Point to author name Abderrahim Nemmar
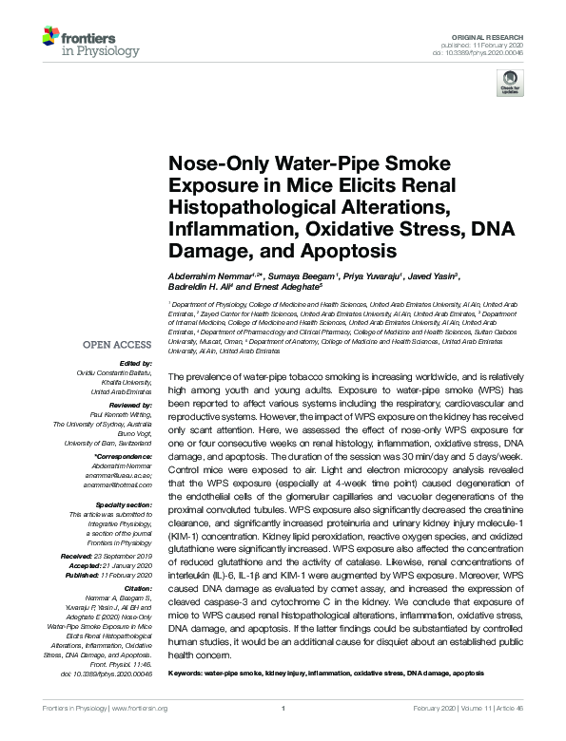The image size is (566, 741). coord(204,275)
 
